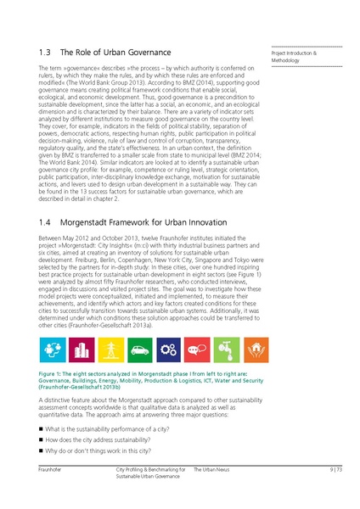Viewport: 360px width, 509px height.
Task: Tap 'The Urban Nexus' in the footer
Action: click(211, 468)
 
